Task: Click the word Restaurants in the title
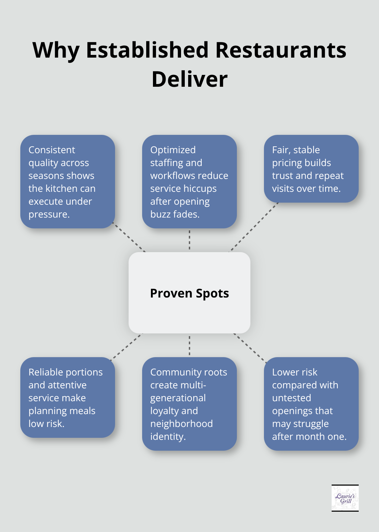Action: (281, 50)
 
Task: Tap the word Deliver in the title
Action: (189, 79)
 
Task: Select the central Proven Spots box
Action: (189, 293)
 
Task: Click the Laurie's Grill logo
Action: (345, 498)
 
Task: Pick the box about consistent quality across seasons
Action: (68, 182)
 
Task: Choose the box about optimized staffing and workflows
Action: (189, 182)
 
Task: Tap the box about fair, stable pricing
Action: (311, 169)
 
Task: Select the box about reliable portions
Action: (68, 397)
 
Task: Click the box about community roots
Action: (189, 404)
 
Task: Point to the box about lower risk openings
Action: (311, 404)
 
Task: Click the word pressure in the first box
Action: (48, 214)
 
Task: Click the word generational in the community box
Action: (178, 398)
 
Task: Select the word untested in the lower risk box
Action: (291, 398)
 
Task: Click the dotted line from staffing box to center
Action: (189, 240)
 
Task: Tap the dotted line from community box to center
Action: (189, 346)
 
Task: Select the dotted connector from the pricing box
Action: (254, 227)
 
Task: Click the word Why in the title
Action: (56, 50)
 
